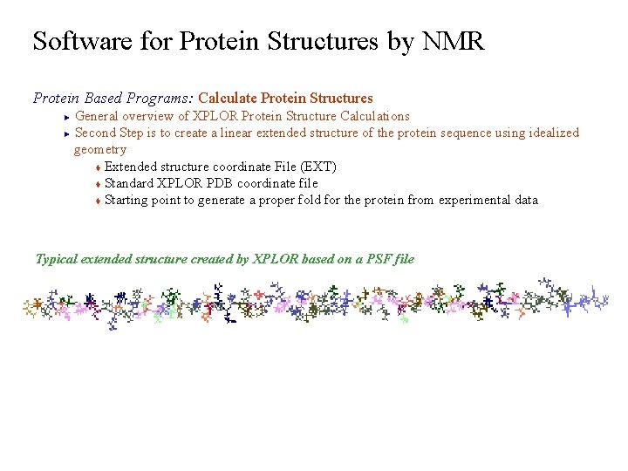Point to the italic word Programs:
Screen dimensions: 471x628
167,98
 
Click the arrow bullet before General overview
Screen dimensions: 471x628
66,117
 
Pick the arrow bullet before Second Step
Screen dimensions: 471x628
66,133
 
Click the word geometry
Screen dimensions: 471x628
99,150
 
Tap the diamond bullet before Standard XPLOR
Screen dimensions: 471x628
99,184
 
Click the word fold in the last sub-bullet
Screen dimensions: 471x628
304,200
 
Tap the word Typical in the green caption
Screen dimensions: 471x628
57,259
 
